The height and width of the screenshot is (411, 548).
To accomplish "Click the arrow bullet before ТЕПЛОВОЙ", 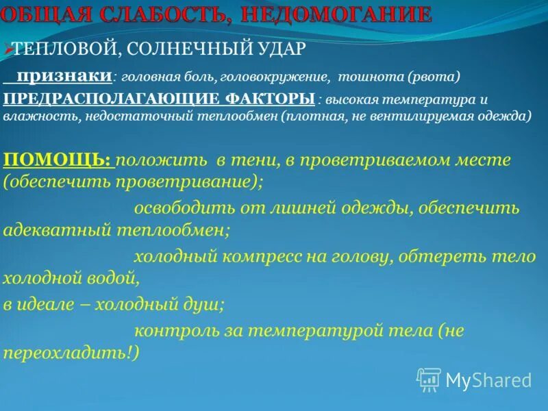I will coord(8,49).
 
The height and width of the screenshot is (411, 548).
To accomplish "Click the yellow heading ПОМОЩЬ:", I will coord(58,160).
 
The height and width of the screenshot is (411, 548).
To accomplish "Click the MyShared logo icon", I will coord(429,379).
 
